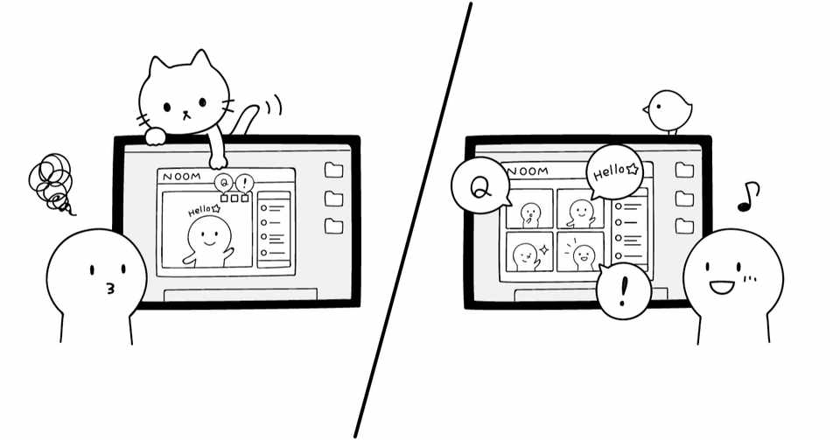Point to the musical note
(747, 197)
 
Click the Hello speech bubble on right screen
(616, 171)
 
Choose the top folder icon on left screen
(333, 171)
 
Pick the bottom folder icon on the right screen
(684, 226)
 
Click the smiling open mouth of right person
(722, 286)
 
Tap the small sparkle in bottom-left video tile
(543, 249)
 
